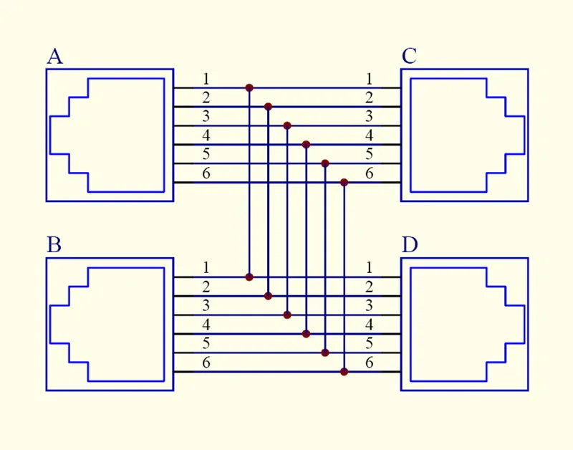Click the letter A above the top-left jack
(55, 57)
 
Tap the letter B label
(54, 245)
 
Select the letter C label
(409, 57)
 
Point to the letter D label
(410, 245)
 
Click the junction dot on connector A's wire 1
(249, 87)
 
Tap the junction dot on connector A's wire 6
(344, 183)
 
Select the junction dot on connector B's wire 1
(249, 277)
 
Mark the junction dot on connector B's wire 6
(344, 372)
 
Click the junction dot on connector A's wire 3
(287, 125)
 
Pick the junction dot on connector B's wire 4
(307, 334)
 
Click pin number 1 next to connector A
(206, 79)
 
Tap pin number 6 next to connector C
(369, 173)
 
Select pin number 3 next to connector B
(206, 305)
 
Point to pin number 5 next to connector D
(369, 343)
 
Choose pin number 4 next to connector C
(369, 135)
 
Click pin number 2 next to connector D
(369, 287)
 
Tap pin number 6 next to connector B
(206, 363)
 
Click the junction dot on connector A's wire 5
(325, 163)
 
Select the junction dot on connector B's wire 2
(268, 296)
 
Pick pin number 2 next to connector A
(206, 98)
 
